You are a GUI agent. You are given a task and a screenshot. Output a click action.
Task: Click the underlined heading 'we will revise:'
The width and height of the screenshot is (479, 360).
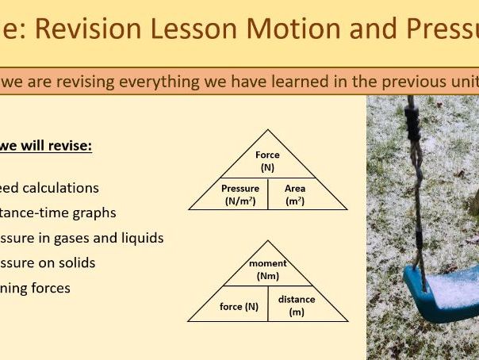click(x=46, y=146)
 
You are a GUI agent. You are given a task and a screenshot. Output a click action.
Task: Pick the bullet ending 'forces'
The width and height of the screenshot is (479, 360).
click(x=35, y=288)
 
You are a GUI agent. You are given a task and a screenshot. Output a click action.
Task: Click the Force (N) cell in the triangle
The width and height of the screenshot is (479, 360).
click(x=267, y=161)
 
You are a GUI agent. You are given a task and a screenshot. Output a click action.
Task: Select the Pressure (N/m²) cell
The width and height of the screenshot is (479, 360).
click(x=240, y=195)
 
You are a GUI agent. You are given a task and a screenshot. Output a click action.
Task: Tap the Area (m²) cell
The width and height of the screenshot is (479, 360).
click(x=295, y=195)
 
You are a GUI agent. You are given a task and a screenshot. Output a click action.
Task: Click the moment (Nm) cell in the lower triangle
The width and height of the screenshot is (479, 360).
click(x=267, y=270)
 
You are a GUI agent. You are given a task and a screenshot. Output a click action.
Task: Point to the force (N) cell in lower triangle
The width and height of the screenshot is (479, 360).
click(x=239, y=306)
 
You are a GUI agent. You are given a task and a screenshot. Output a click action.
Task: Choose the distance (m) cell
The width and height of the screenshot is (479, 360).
click(x=297, y=305)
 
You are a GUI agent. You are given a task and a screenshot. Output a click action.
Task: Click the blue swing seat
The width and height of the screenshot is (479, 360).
click(x=440, y=289)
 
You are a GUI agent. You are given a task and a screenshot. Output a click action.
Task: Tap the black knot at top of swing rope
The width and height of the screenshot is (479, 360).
click(x=413, y=120)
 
